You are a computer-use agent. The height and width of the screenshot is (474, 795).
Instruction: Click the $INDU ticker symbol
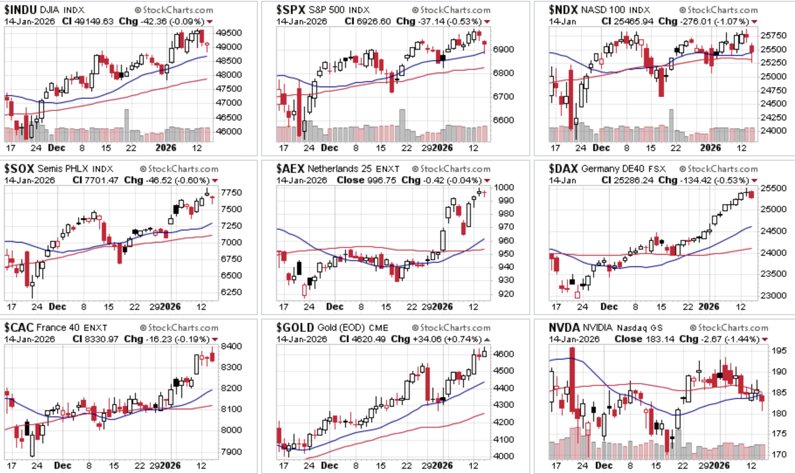click(20, 9)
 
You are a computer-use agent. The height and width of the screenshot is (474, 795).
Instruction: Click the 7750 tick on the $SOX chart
click(231, 192)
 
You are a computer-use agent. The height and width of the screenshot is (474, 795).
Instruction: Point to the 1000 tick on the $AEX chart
click(504, 187)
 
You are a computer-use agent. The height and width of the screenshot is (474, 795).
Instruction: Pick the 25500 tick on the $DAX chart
click(773, 188)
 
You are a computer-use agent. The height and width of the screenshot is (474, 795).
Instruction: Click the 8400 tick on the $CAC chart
click(231, 346)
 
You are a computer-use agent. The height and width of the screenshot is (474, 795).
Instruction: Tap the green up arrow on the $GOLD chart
click(487, 339)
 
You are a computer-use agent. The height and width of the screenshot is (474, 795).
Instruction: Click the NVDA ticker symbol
click(564, 327)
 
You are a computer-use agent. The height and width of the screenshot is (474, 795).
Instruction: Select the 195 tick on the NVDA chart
click(779, 350)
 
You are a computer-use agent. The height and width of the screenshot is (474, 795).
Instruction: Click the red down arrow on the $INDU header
click(210, 22)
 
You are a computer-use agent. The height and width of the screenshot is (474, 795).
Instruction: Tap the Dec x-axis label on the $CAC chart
click(62, 465)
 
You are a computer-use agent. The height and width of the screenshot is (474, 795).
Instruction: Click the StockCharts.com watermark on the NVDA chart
click(729, 328)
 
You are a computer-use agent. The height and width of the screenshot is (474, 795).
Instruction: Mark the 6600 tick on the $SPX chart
click(503, 120)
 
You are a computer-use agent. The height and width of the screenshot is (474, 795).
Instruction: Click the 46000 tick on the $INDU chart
click(229, 131)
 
